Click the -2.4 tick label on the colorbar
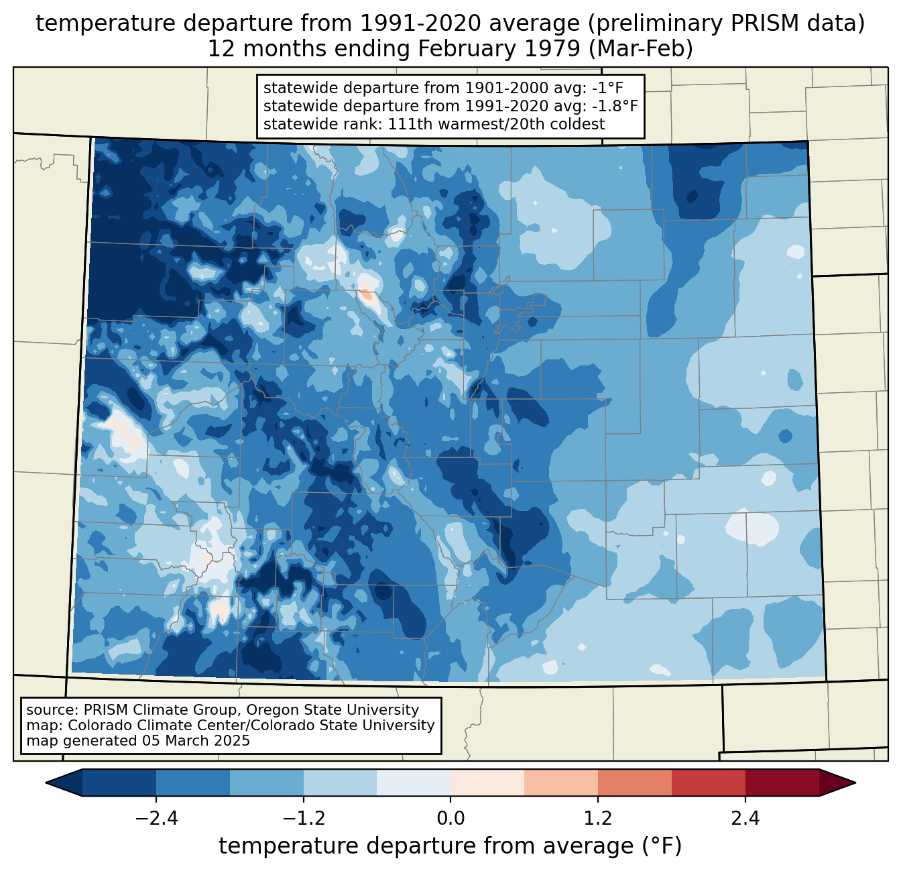tap(156, 819)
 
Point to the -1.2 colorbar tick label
tap(303, 819)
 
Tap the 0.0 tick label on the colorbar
tap(450, 819)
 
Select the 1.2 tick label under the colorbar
tap(598, 819)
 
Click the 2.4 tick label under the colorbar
tap(745, 819)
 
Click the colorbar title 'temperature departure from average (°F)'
tap(450, 846)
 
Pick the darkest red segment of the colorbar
tap(782, 782)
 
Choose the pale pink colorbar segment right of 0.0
tap(487, 782)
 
